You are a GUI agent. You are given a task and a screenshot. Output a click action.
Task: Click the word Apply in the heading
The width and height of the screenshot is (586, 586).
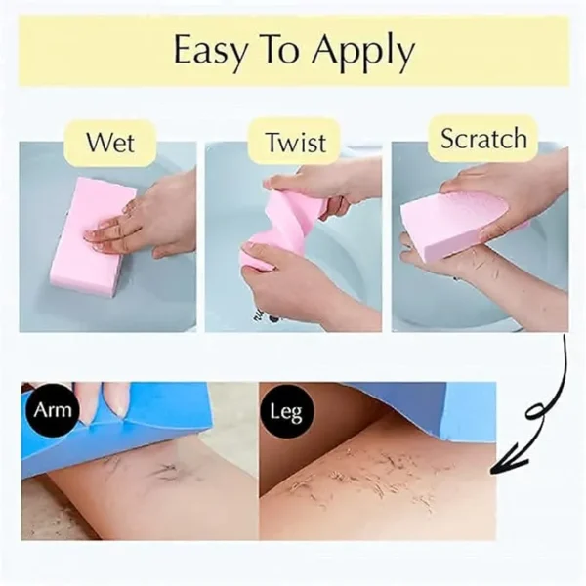(366, 53)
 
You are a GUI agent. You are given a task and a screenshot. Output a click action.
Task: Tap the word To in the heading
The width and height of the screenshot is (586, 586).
(287, 51)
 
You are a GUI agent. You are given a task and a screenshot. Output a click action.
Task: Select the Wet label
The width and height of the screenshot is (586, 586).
(109, 142)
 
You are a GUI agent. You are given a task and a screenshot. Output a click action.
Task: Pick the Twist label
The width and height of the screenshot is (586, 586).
(295, 143)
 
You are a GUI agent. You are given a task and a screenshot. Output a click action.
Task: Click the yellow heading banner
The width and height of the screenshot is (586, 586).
(293, 51)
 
